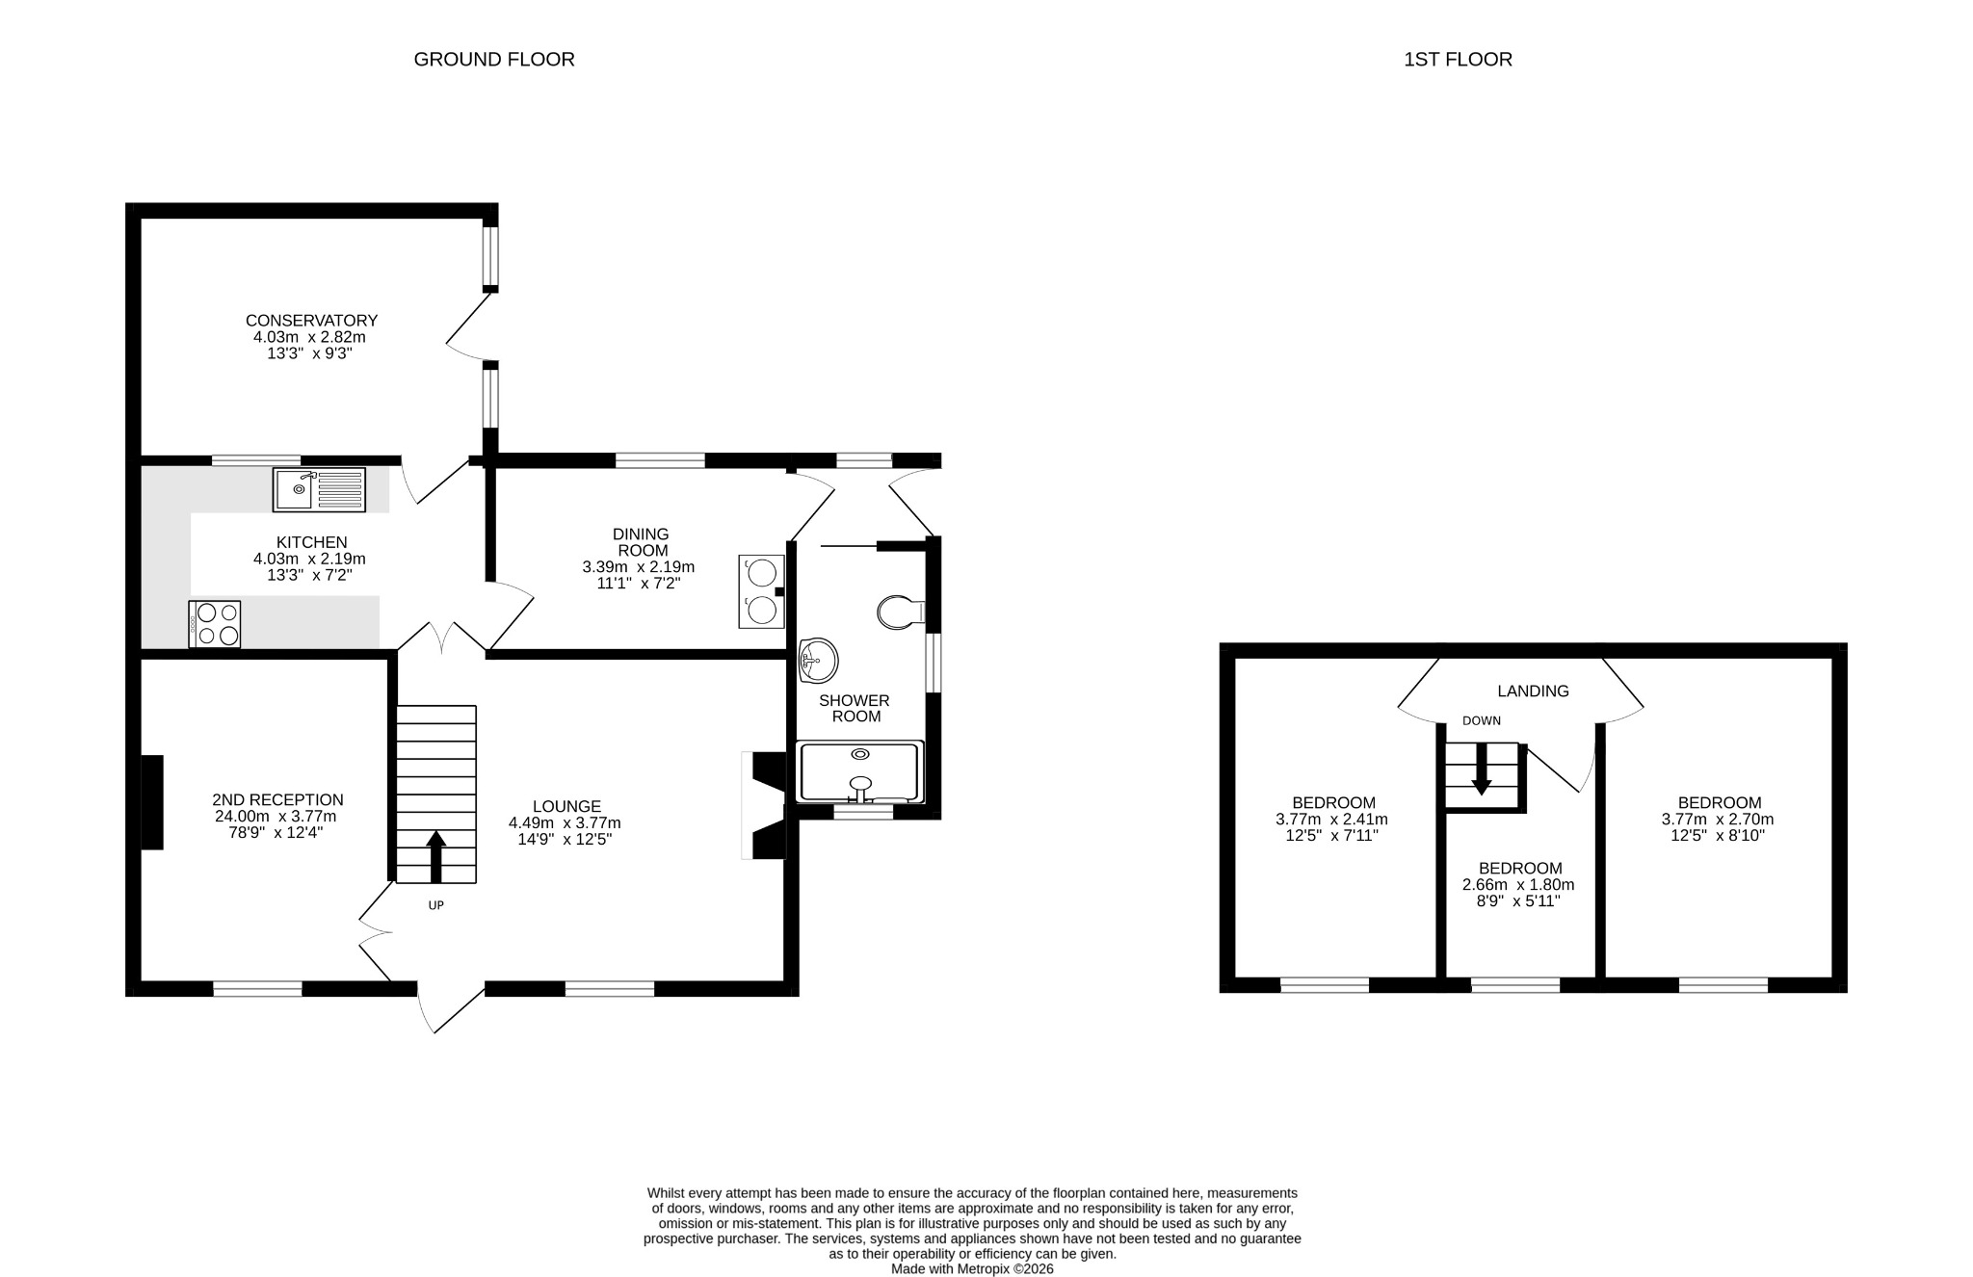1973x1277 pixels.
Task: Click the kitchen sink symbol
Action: pos(319,489)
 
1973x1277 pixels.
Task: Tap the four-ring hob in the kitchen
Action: pos(215,624)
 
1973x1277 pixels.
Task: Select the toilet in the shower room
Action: pos(899,612)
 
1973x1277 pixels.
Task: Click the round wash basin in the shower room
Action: pos(819,660)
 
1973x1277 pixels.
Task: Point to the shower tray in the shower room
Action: pos(860,771)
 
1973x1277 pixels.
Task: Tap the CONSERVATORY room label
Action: pos(311,321)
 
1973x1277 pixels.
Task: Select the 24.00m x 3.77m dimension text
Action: pos(276,817)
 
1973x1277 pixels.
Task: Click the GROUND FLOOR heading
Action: pos(494,60)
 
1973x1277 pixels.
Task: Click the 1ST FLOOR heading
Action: pos(1458,60)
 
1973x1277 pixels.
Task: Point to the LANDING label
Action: pos(1533,691)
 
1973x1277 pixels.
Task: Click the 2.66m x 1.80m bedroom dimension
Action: pos(1518,885)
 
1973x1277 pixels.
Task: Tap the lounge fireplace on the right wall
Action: pos(767,805)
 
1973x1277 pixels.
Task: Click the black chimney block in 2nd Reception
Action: pos(152,802)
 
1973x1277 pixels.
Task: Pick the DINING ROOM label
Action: pos(641,542)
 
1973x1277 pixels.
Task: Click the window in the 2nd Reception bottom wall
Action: pos(257,988)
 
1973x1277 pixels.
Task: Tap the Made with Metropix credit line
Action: pos(972,1269)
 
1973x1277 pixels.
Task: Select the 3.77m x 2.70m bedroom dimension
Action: pos(1718,821)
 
